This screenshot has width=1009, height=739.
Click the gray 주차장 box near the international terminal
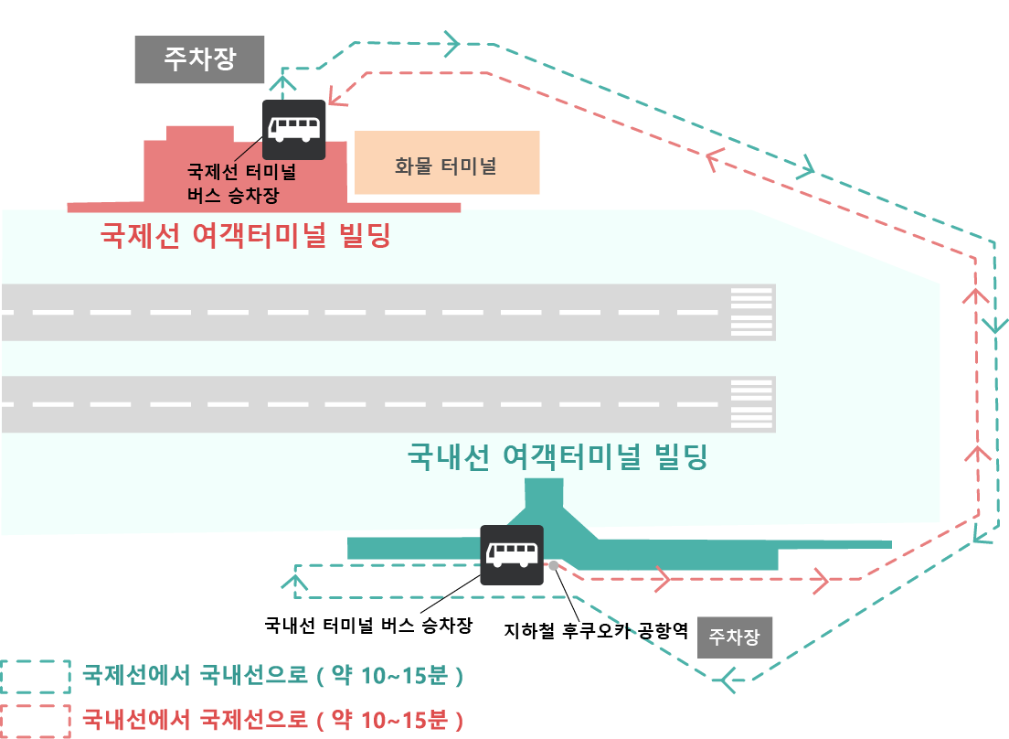click(199, 59)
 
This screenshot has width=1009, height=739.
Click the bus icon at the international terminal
click(294, 129)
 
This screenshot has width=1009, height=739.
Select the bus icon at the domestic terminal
click(512, 555)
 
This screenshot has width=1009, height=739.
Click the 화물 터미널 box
click(446, 163)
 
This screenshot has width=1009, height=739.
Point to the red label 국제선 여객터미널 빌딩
click(245, 238)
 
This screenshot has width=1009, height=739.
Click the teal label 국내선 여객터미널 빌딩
click(557, 456)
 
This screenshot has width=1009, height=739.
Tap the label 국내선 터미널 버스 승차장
click(368, 626)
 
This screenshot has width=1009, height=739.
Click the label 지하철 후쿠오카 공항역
click(595, 630)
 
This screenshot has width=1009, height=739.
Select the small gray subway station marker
click(554, 564)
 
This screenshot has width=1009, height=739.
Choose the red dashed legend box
click(35, 720)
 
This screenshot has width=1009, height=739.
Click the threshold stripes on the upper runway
click(751, 312)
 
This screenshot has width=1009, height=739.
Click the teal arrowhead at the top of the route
click(451, 41)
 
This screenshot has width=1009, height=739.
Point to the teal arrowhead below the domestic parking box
click(728, 680)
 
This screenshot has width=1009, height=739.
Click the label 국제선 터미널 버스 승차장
click(241, 183)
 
